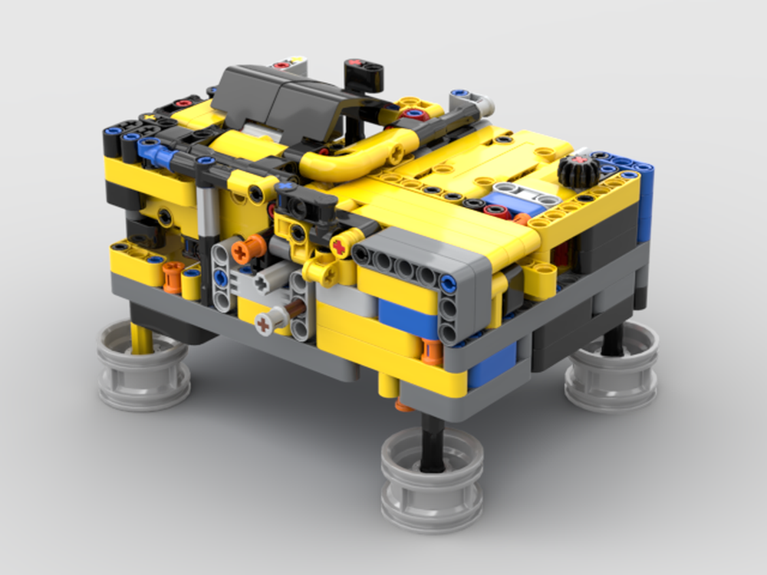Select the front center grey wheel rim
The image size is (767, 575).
[433, 469]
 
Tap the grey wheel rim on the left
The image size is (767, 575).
[143, 366]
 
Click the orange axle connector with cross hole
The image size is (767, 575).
[249, 248]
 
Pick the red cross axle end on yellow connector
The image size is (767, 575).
[338, 245]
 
